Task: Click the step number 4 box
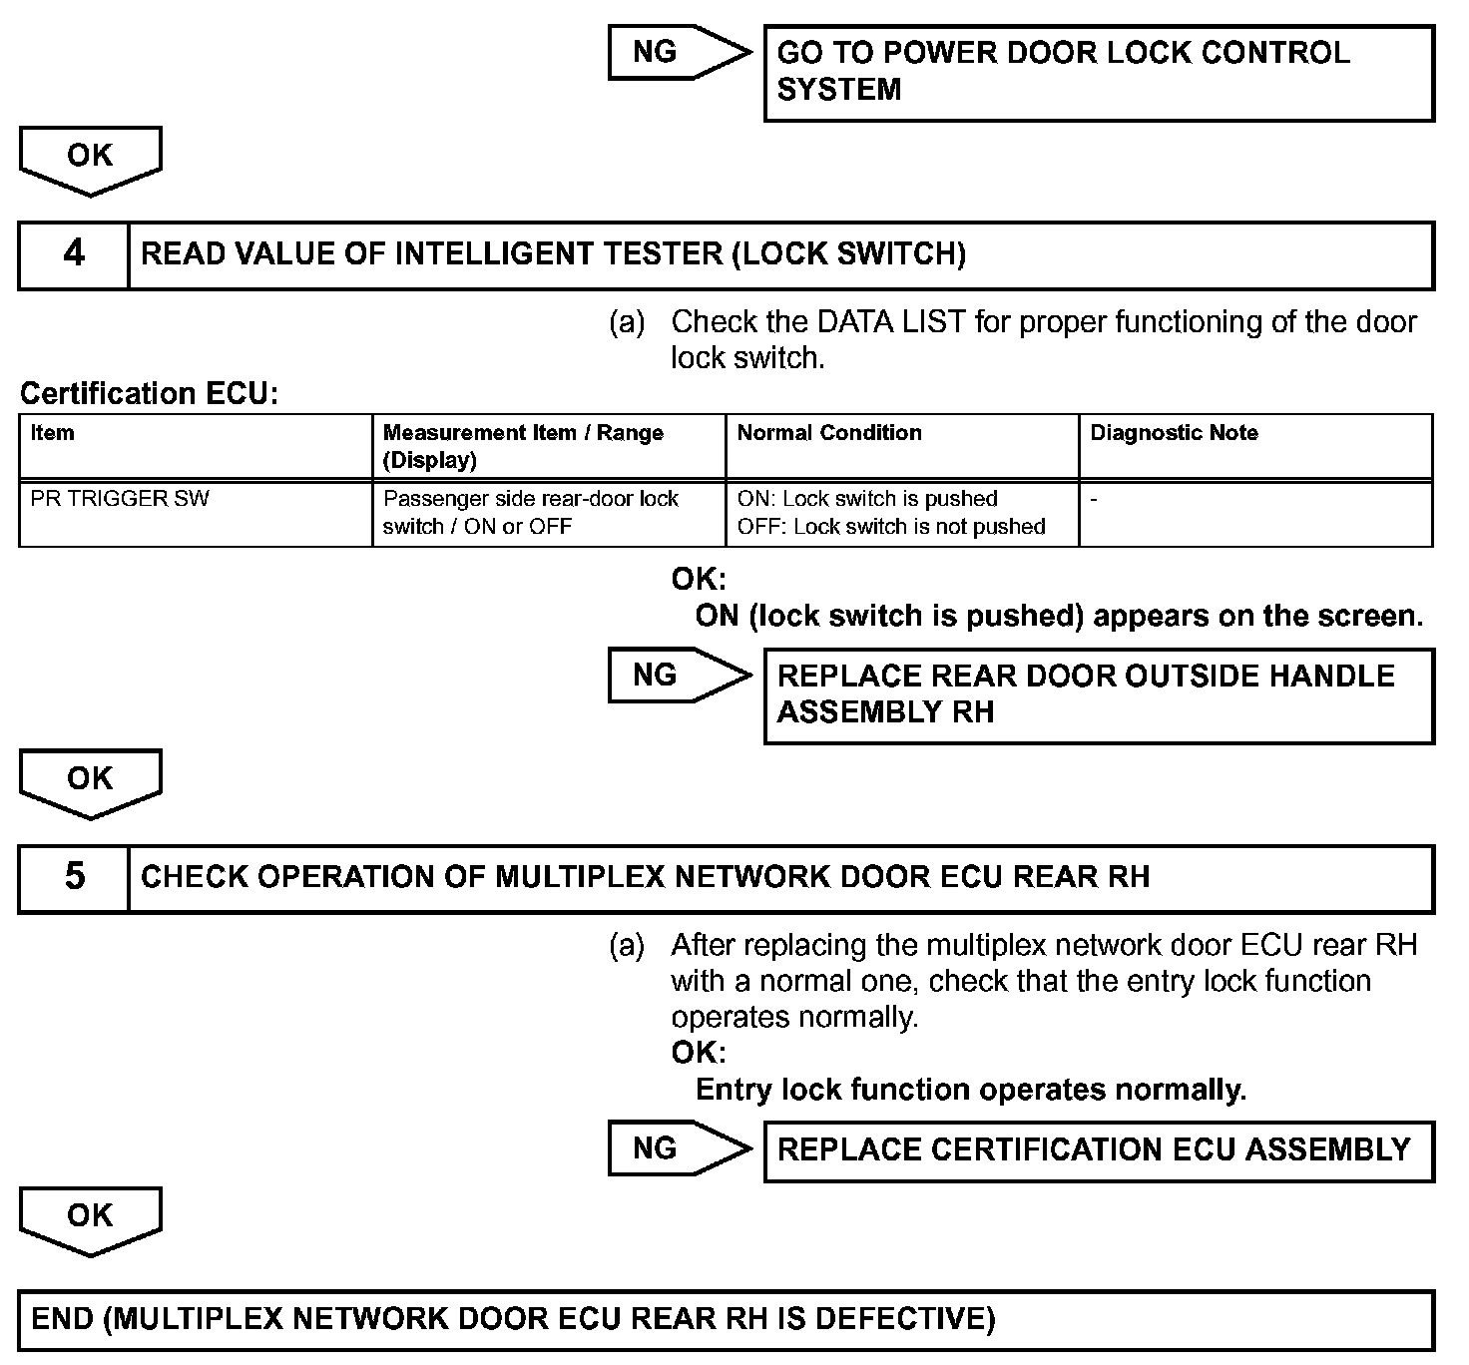(74, 254)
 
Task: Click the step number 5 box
(74, 878)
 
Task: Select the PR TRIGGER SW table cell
(196, 513)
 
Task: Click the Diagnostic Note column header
(1254, 446)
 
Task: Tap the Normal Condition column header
(901, 446)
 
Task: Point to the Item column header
(196, 446)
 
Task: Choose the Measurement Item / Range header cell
(548, 446)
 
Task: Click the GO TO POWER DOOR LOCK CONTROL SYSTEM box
(1098, 73)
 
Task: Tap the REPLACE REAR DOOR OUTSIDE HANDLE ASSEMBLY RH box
(1098, 695)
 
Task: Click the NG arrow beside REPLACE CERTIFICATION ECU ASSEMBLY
(679, 1148)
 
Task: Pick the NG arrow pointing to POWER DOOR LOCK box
(679, 52)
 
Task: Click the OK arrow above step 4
(90, 159)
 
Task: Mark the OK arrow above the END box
(90, 1219)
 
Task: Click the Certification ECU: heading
(149, 394)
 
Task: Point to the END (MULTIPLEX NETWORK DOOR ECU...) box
(726, 1321)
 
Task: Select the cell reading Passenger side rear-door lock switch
(548, 513)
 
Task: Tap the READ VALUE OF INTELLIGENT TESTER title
(554, 254)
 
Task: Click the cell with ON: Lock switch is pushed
(901, 513)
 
